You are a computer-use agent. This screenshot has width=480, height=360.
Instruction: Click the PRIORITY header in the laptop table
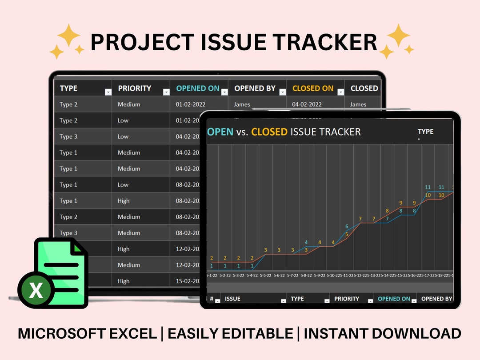(134, 88)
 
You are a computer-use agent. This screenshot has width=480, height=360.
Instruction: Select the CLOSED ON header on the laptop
(312, 88)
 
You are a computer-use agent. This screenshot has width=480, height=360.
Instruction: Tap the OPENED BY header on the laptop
(255, 88)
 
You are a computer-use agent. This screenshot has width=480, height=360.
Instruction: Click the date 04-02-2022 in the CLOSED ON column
(307, 104)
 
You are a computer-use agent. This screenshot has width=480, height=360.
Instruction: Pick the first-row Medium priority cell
(129, 104)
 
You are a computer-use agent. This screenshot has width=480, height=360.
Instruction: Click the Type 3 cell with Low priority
(68, 136)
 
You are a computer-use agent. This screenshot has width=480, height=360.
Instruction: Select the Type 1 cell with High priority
(68, 201)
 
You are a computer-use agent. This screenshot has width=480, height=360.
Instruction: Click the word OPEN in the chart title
(220, 132)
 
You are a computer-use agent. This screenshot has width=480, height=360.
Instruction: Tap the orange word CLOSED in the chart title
(269, 132)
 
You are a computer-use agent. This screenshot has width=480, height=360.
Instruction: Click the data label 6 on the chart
(347, 227)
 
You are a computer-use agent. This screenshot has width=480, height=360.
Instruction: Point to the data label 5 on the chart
(347, 234)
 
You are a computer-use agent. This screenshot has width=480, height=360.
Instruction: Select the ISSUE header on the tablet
(232, 299)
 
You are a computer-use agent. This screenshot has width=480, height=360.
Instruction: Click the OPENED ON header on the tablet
(394, 299)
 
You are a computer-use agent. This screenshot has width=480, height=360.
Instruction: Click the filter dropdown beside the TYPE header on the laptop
(108, 92)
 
